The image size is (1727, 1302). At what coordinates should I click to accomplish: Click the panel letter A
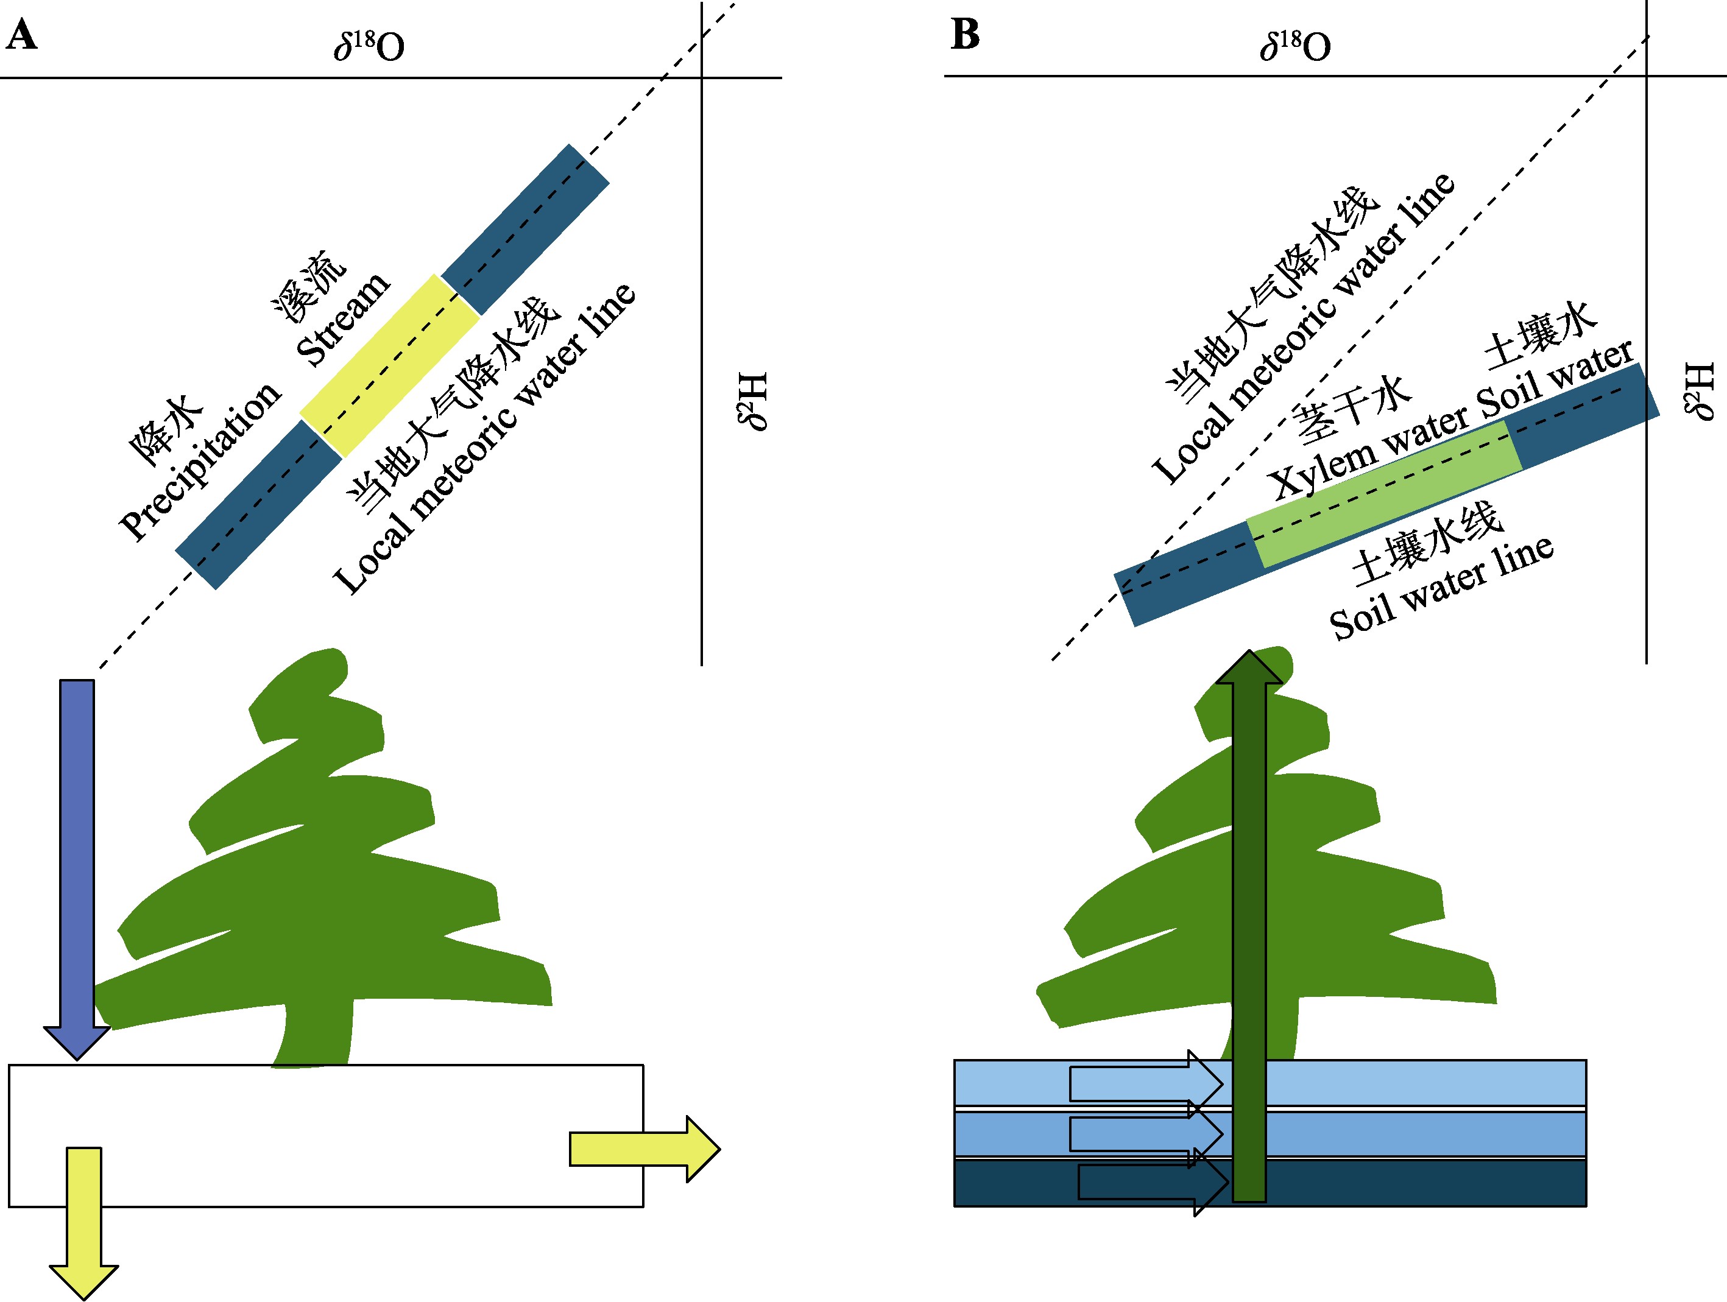(21, 35)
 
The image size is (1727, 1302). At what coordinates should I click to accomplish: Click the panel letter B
(965, 35)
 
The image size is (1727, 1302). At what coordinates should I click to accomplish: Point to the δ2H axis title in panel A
(754, 401)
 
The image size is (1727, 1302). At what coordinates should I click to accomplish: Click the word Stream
(343, 318)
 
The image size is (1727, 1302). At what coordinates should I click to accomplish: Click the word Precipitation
(200, 460)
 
